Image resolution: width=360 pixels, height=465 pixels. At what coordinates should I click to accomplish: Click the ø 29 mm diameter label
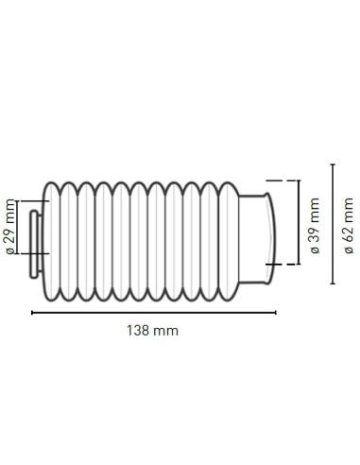click(x=10, y=227)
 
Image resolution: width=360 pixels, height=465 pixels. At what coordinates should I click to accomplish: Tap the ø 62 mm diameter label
click(x=348, y=223)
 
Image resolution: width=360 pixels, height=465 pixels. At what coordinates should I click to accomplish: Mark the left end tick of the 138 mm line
click(x=33, y=311)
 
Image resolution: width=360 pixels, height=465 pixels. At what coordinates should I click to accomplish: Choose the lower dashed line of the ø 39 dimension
click(x=275, y=265)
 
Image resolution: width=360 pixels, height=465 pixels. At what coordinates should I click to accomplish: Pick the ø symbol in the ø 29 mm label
click(x=10, y=251)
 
